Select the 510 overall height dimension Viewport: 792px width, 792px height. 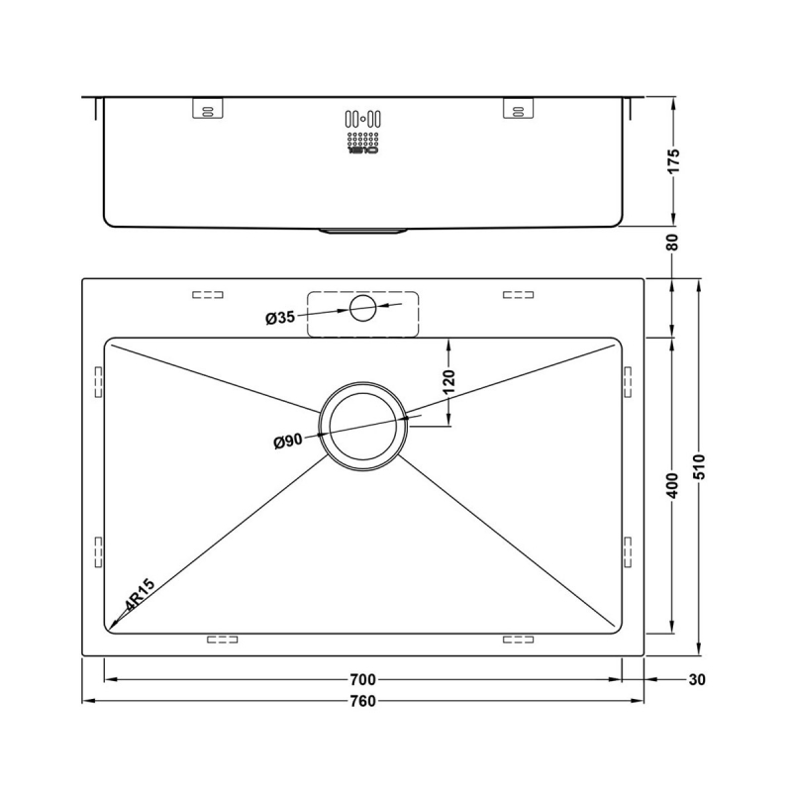point(700,466)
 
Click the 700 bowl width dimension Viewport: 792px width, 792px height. point(362,680)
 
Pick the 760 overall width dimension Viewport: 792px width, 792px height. point(362,702)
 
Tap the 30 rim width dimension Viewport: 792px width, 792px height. point(697,680)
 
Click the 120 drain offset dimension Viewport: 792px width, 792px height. point(448,381)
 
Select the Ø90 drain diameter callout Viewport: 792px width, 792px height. point(288,443)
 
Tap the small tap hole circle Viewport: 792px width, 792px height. point(362,309)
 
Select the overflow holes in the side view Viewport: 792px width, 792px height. point(362,133)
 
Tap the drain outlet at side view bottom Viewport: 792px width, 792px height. point(362,231)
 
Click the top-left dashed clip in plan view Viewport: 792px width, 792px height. point(207,295)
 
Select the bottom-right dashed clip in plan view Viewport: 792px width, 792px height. point(518,640)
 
